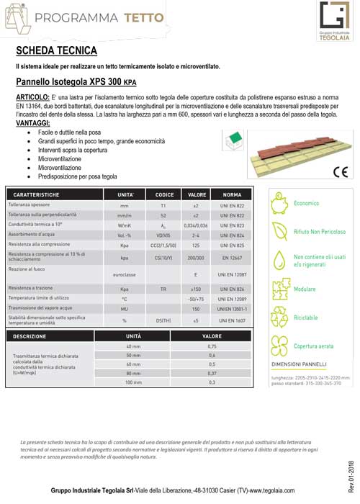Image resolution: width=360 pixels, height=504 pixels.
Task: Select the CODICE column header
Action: (x=165, y=195)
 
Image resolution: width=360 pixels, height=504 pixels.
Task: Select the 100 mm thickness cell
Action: (x=134, y=382)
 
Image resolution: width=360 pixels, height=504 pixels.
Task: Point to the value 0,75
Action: (x=212, y=347)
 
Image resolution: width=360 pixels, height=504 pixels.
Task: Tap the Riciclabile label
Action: (x=306, y=318)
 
